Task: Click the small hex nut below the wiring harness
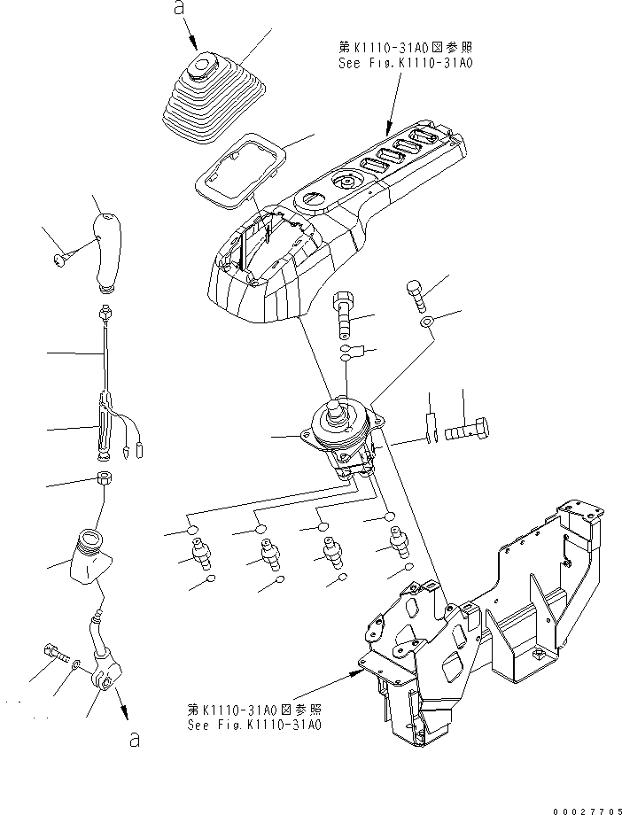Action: (x=104, y=479)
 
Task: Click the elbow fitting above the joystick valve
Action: (x=344, y=314)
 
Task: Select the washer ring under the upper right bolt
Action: (x=427, y=322)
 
